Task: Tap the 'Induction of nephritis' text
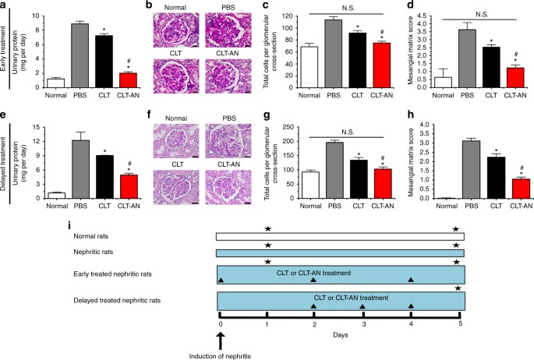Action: point(221,355)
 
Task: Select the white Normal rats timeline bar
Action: point(341,236)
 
